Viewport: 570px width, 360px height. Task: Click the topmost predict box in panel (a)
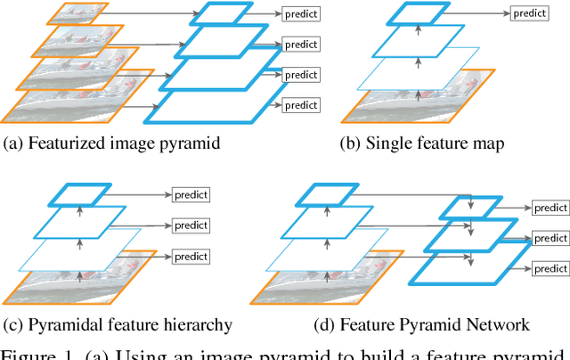tap(301, 13)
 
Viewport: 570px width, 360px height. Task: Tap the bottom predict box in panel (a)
tap(301, 105)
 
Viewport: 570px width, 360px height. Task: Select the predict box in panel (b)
tap(529, 13)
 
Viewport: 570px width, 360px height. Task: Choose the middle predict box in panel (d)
tap(550, 239)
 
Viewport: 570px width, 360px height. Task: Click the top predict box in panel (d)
tap(550, 209)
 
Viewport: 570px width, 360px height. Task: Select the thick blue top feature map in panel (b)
tap(417, 13)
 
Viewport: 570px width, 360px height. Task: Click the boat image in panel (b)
tap(410, 103)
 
